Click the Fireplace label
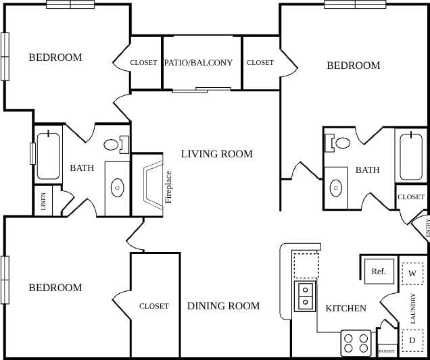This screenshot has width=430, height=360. pyautogui.click(x=169, y=186)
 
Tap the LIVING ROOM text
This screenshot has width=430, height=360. pyautogui.click(x=216, y=154)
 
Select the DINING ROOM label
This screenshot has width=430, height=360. pyautogui.click(x=223, y=306)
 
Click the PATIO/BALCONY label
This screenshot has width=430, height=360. pyautogui.click(x=198, y=63)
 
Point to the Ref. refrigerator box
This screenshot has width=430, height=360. pyautogui.click(x=379, y=272)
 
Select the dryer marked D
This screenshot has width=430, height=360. pyautogui.click(x=412, y=340)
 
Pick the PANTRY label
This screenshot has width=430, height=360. pyautogui.click(x=387, y=351)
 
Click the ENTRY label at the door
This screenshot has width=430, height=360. pyautogui.click(x=427, y=228)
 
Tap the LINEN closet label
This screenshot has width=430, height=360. pyautogui.click(x=44, y=201)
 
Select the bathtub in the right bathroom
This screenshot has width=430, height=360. pyautogui.click(x=411, y=157)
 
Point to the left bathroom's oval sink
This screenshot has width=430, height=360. pyautogui.click(x=118, y=186)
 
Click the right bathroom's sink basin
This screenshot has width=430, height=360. pyautogui.click(x=335, y=186)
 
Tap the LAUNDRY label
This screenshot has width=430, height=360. pyautogui.click(x=413, y=307)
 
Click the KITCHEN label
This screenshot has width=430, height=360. pyautogui.click(x=346, y=309)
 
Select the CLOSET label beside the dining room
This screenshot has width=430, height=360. pyautogui.click(x=154, y=306)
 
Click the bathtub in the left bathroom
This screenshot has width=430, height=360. pyautogui.click(x=48, y=156)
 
